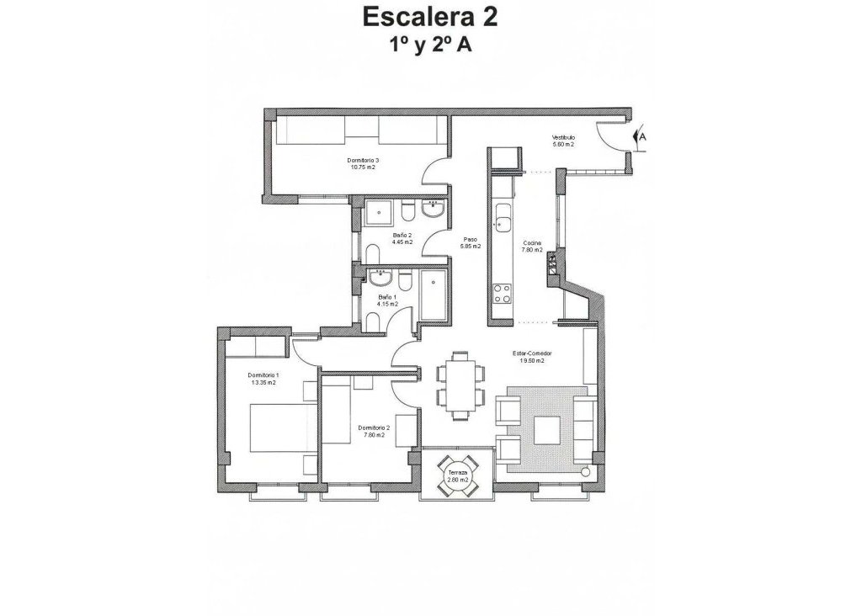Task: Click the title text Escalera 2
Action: (429, 18)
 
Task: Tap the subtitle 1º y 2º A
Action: (429, 46)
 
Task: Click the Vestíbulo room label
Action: (562, 137)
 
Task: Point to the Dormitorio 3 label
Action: (363, 160)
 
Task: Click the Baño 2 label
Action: (402, 236)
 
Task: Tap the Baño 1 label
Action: (387, 297)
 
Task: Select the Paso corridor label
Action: (471, 239)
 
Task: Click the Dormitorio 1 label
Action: (263, 375)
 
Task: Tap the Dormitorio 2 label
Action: (372, 427)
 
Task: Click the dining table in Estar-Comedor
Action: (460, 385)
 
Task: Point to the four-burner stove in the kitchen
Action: (503, 293)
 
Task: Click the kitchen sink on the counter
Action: (503, 223)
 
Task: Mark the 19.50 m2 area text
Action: (531, 360)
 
